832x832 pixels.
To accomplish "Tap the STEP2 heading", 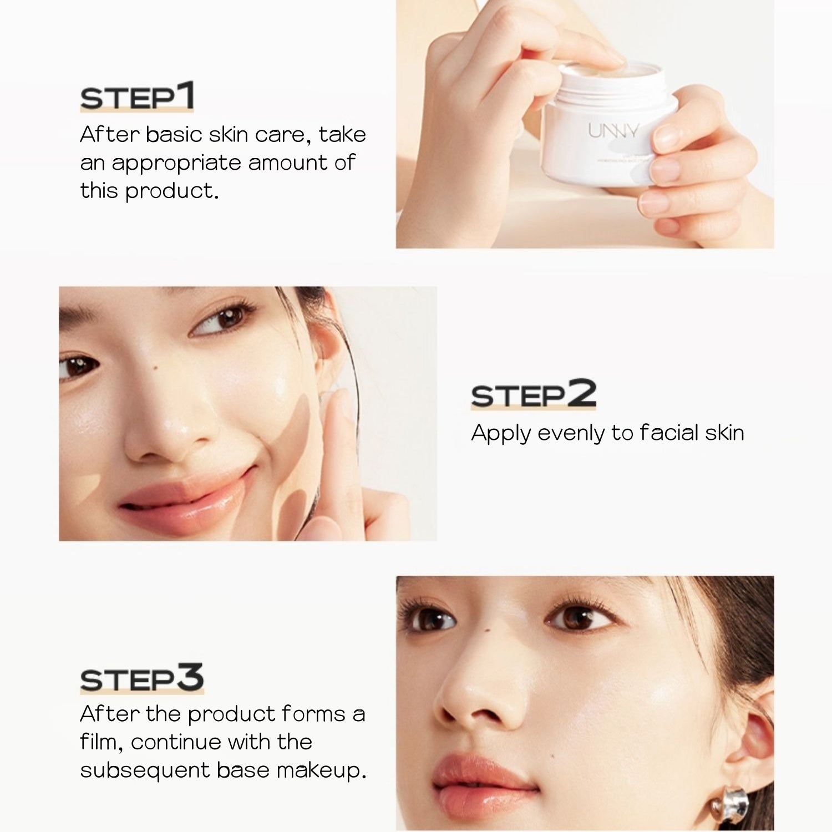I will (x=533, y=394).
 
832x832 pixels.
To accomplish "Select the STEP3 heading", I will (x=142, y=679).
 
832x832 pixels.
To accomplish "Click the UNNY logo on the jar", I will (x=613, y=131).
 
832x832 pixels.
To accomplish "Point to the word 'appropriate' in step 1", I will (x=176, y=164).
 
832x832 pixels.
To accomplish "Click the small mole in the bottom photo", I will (x=485, y=628).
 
